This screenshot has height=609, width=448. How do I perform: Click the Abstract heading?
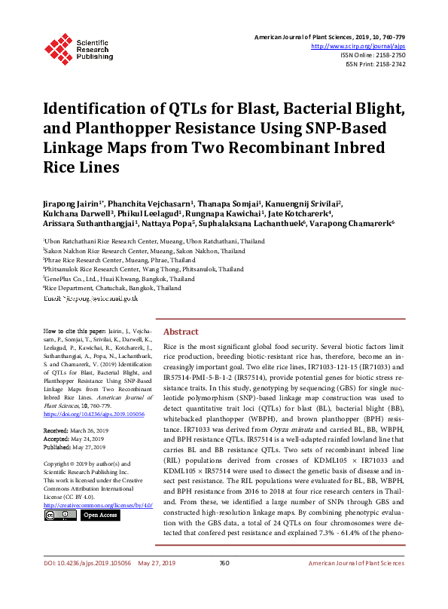(181, 332)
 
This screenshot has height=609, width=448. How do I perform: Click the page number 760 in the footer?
(224, 583)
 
